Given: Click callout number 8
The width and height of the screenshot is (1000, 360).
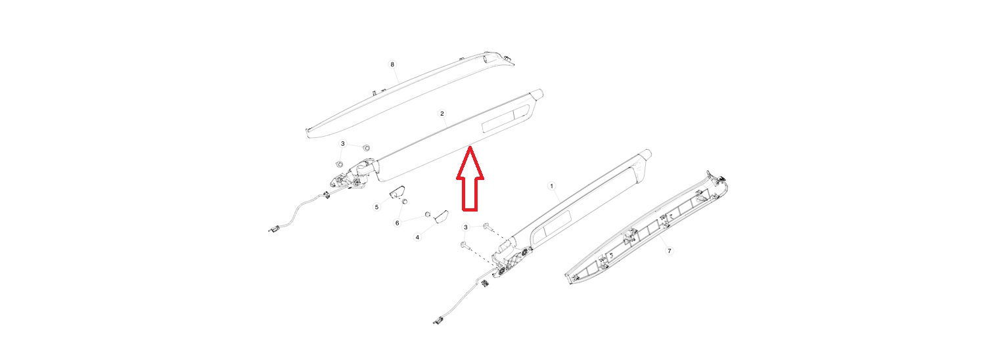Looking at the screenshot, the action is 392,64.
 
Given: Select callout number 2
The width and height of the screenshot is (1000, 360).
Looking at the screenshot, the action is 442,114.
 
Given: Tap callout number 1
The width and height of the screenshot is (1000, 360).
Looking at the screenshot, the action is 551,186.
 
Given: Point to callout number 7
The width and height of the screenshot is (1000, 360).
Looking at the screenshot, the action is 669,251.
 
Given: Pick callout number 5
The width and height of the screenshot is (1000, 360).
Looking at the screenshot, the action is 376,207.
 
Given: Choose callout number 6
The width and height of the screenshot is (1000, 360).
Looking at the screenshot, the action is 398,223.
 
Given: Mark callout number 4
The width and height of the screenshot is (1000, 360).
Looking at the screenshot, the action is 417,237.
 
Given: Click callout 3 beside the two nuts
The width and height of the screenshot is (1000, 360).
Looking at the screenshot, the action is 343,144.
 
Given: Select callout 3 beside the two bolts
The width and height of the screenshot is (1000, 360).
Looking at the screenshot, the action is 466,227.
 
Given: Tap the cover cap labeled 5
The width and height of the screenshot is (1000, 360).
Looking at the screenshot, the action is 397,192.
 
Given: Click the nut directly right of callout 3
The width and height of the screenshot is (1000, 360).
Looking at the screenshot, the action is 365,147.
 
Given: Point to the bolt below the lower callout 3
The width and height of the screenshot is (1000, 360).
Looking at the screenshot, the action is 464,245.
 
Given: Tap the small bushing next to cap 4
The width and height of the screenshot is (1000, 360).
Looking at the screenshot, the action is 427,214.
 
